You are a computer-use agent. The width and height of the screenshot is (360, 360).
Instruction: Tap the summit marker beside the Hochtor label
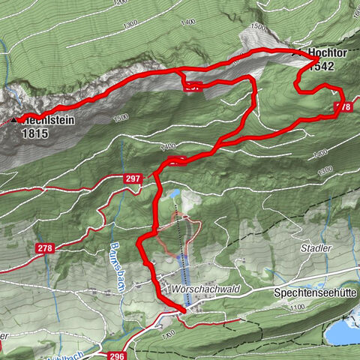pos(294,53)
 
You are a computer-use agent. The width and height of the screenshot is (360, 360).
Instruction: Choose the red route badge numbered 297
pos(133,178)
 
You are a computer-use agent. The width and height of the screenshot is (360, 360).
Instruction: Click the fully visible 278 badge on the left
pos(45,247)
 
